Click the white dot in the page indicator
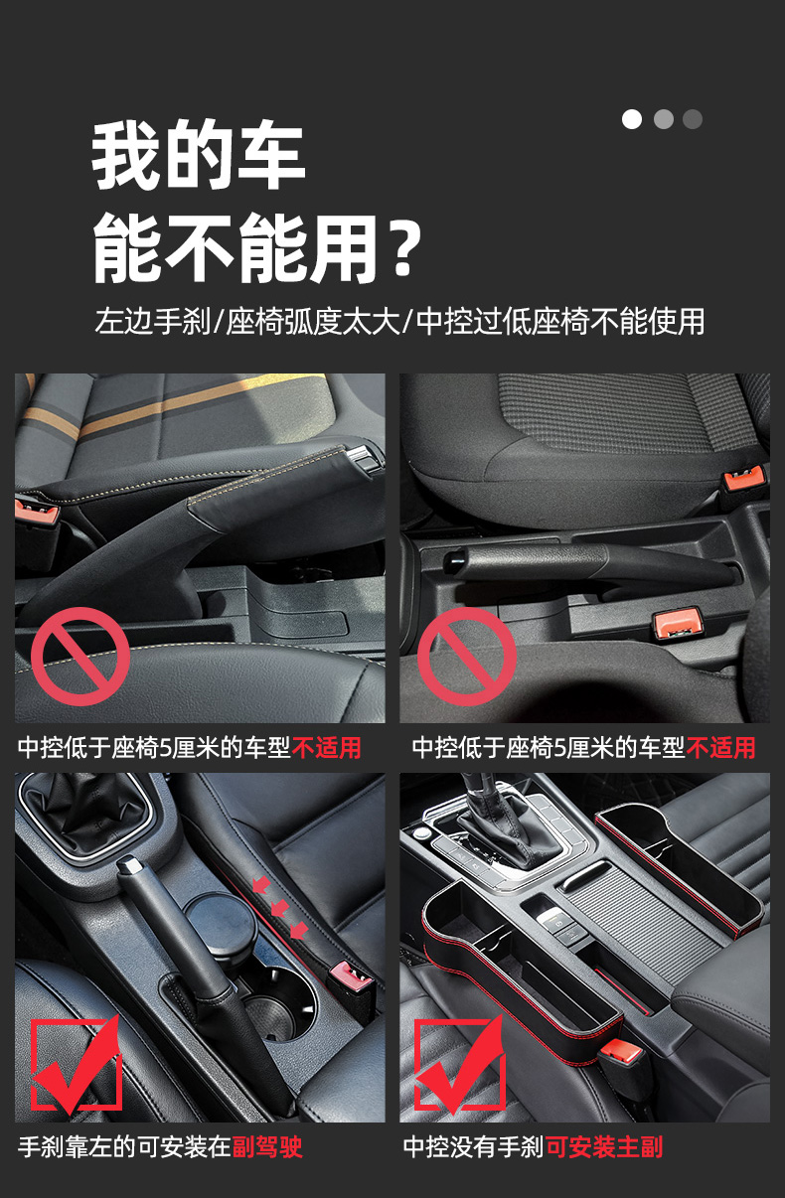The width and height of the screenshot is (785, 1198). (632, 119)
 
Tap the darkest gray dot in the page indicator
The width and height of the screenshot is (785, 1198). (693, 119)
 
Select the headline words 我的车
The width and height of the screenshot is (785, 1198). (199, 157)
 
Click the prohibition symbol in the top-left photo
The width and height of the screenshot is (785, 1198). (80, 657)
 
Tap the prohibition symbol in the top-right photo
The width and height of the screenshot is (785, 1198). (466, 657)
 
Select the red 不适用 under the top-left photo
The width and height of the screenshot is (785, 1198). (327, 747)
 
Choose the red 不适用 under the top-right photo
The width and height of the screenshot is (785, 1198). (721, 747)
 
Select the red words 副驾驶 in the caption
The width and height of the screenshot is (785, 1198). (267, 1147)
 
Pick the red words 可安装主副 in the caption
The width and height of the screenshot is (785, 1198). (604, 1147)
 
